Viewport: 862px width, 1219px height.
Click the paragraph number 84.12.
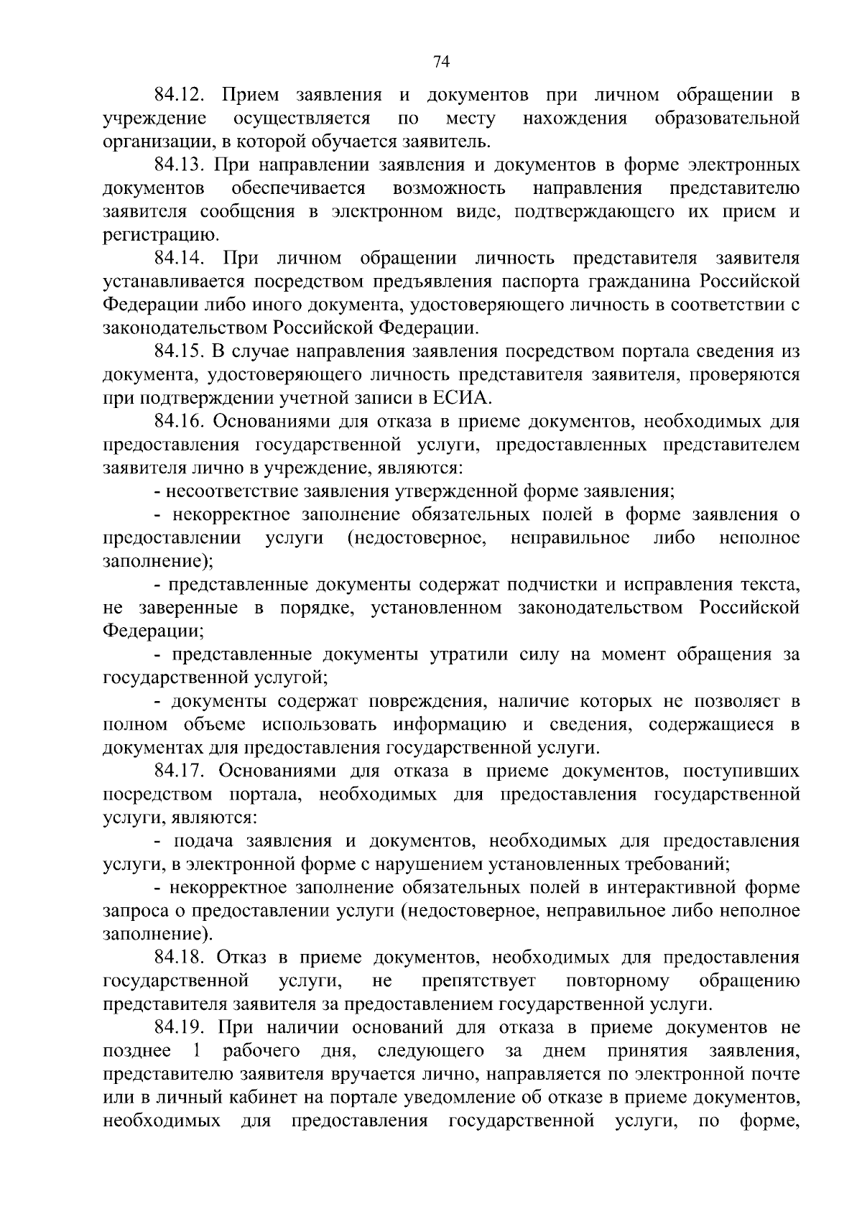coord(180,95)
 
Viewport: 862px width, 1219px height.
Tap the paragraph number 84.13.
coord(180,165)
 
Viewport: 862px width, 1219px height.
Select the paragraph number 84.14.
coord(180,258)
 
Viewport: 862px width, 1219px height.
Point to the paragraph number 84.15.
coord(180,351)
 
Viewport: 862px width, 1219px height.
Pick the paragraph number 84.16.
coord(180,422)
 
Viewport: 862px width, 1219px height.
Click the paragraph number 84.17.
coord(180,771)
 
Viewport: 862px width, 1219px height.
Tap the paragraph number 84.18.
coord(180,958)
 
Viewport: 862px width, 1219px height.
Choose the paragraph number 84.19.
coord(180,1028)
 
